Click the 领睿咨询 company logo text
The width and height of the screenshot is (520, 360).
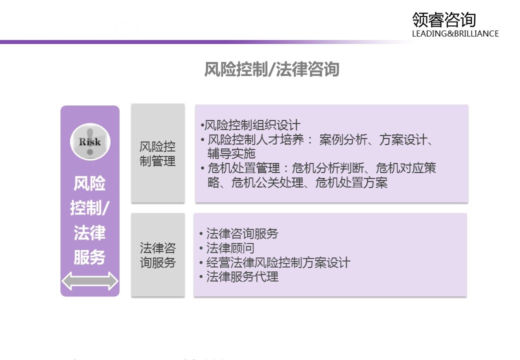pyautogui.click(x=444, y=20)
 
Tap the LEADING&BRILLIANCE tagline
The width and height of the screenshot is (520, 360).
pyautogui.click(x=455, y=33)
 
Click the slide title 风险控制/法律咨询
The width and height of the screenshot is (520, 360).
pyautogui.click(x=271, y=69)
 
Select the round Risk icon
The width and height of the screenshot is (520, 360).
pyautogui.click(x=90, y=141)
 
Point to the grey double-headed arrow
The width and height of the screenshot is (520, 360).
pyautogui.click(x=90, y=281)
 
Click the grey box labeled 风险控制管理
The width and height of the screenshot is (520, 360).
pyautogui.click(x=158, y=153)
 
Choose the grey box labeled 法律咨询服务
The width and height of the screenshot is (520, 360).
pyautogui.click(x=158, y=255)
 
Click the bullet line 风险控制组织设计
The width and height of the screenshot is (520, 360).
pyautogui.click(x=250, y=125)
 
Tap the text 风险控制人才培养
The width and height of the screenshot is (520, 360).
pyautogui.click(x=255, y=139)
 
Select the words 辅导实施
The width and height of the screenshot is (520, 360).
pyautogui.click(x=231, y=153)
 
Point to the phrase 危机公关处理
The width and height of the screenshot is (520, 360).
pyautogui.click(x=267, y=182)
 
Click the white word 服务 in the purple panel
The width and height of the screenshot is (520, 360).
pyautogui.click(x=89, y=257)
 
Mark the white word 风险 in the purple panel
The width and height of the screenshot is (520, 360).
pyautogui.click(x=89, y=183)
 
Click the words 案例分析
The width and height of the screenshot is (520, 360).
pyautogui.click(x=343, y=139)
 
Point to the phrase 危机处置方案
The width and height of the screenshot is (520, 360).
pyautogui.click(x=351, y=182)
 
